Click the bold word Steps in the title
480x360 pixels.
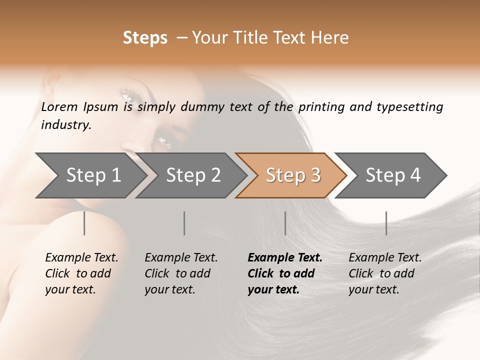click(145, 38)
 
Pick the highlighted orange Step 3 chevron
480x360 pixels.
click(292, 175)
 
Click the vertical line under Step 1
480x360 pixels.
click(84, 223)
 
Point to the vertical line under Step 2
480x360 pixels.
click(184, 223)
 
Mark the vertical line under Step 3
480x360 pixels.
click(285, 223)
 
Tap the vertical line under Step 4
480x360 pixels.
click(386, 223)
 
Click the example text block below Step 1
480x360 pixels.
click(81, 273)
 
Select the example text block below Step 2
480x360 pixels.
click(181, 273)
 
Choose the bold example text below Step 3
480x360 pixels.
click(285, 273)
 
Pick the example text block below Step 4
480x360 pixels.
click(385, 273)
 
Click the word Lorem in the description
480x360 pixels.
click(59, 107)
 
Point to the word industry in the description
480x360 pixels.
click(65, 125)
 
